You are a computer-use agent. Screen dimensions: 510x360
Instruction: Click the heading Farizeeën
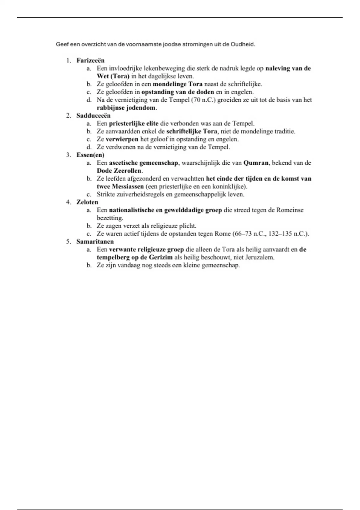click(90, 60)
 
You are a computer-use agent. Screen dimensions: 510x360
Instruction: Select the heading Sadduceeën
click(93, 115)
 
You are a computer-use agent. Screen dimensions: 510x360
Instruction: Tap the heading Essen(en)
click(90, 155)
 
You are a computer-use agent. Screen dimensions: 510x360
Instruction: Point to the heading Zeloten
click(87, 202)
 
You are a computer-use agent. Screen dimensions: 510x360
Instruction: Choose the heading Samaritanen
click(95, 241)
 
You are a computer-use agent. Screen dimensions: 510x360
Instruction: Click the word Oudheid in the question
click(242, 44)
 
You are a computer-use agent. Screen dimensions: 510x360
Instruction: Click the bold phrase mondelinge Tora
click(178, 84)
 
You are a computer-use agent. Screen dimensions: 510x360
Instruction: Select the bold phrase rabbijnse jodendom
click(126, 108)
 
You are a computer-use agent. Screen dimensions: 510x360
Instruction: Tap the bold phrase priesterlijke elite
click(133, 123)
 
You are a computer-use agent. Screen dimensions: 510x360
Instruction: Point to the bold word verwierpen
click(122, 139)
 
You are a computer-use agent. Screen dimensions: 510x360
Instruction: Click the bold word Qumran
click(256, 163)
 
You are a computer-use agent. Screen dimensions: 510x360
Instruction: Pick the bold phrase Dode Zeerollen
click(119, 171)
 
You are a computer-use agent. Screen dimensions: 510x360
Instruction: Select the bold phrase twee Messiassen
click(120, 186)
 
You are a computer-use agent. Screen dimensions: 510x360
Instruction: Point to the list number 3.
click(68, 155)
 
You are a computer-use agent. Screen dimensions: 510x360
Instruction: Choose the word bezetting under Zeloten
click(109, 218)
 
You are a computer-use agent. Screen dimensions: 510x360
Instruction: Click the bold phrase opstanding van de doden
click(178, 92)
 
